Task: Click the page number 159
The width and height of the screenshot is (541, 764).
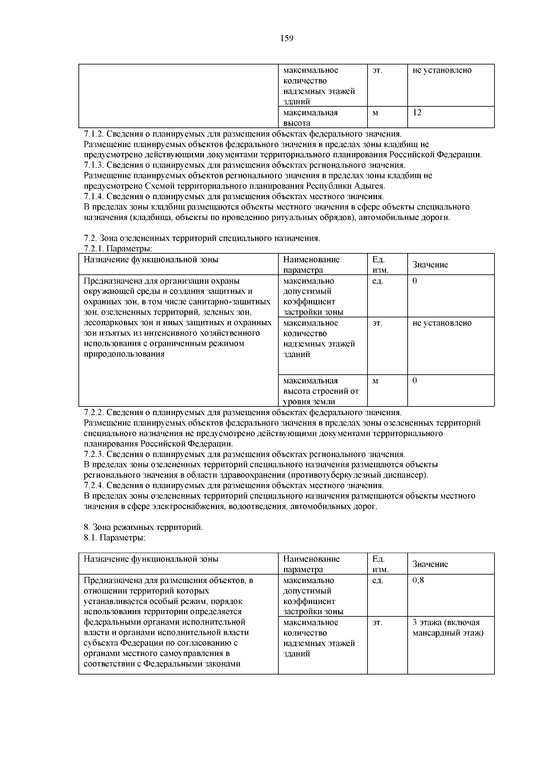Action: pyautogui.click(x=286, y=38)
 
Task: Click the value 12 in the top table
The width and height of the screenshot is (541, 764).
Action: pyautogui.click(x=417, y=113)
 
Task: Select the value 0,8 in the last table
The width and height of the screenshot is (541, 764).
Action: pyautogui.click(x=418, y=580)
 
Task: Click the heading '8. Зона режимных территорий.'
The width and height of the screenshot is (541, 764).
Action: pyautogui.click(x=143, y=527)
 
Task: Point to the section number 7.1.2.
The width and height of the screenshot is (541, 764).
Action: pyautogui.click(x=94, y=134)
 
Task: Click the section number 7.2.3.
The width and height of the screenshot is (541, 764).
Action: pyautogui.click(x=94, y=454)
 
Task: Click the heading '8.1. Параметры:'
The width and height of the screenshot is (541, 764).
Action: pyautogui.click(x=115, y=538)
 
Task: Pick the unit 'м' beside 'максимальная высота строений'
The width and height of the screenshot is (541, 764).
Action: pyautogui.click(x=375, y=381)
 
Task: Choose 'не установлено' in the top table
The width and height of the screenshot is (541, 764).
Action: pyautogui.click(x=442, y=70)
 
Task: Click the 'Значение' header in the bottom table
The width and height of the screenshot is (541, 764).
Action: pyautogui.click(x=430, y=564)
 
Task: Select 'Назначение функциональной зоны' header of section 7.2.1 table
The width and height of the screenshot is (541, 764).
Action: pyautogui.click(x=151, y=260)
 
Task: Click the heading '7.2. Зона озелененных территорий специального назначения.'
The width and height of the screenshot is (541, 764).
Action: pyautogui.click(x=202, y=238)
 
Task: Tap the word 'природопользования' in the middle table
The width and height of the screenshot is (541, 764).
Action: pyautogui.click(x=124, y=354)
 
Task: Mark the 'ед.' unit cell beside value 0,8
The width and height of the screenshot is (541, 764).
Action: pyautogui.click(x=378, y=580)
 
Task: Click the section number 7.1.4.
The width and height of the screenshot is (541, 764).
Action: pyautogui.click(x=94, y=197)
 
